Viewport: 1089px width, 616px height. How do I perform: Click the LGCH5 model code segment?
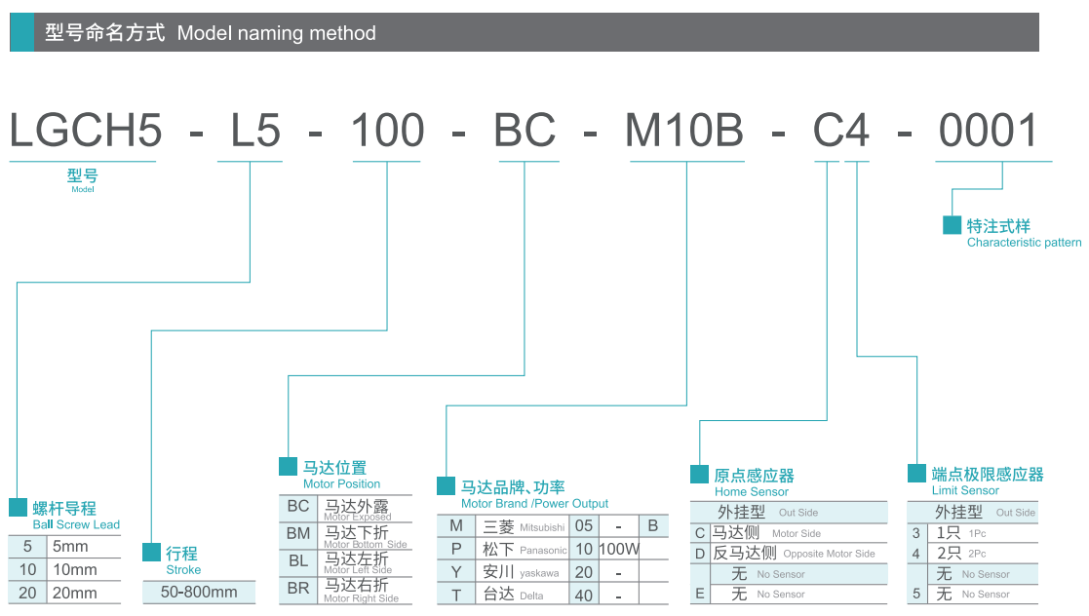[x=85, y=131]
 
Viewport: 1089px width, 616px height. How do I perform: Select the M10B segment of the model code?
[x=684, y=131]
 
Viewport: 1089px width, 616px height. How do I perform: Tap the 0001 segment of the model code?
[x=989, y=131]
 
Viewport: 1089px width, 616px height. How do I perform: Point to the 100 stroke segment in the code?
[x=387, y=131]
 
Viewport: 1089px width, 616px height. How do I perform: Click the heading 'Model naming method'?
[x=276, y=33]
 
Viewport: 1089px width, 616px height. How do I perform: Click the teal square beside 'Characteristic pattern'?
[x=952, y=225]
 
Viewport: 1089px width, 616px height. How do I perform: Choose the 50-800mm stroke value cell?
[x=199, y=592]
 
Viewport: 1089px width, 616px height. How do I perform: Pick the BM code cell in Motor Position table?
[x=298, y=533]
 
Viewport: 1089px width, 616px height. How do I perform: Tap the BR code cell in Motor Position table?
[x=298, y=588]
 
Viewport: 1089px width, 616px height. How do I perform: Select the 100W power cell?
[x=618, y=549]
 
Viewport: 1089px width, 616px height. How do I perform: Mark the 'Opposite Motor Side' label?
[x=829, y=554]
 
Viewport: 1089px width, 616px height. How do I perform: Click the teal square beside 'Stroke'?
[x=151, y=553]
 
